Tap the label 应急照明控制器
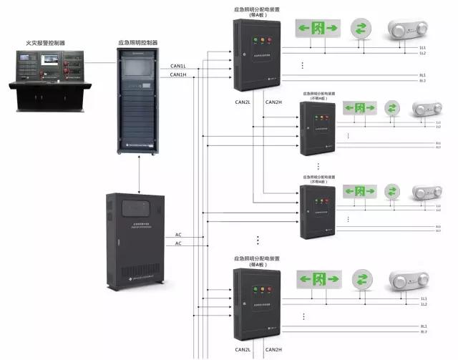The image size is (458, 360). [x=138, y=43]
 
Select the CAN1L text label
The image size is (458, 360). [x=178, y=67]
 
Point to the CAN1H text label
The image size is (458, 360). [x=178, y=75]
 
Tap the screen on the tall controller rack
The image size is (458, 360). [x=137, y=68]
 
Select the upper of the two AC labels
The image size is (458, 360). [x=178, y=235]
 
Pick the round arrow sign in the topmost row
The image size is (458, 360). [x=361, y=29]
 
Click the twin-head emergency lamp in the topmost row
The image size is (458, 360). [x=407, y=29]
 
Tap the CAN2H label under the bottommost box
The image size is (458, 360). [x=273, y=350]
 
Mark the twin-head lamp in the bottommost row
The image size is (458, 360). [x=407, y=279]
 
